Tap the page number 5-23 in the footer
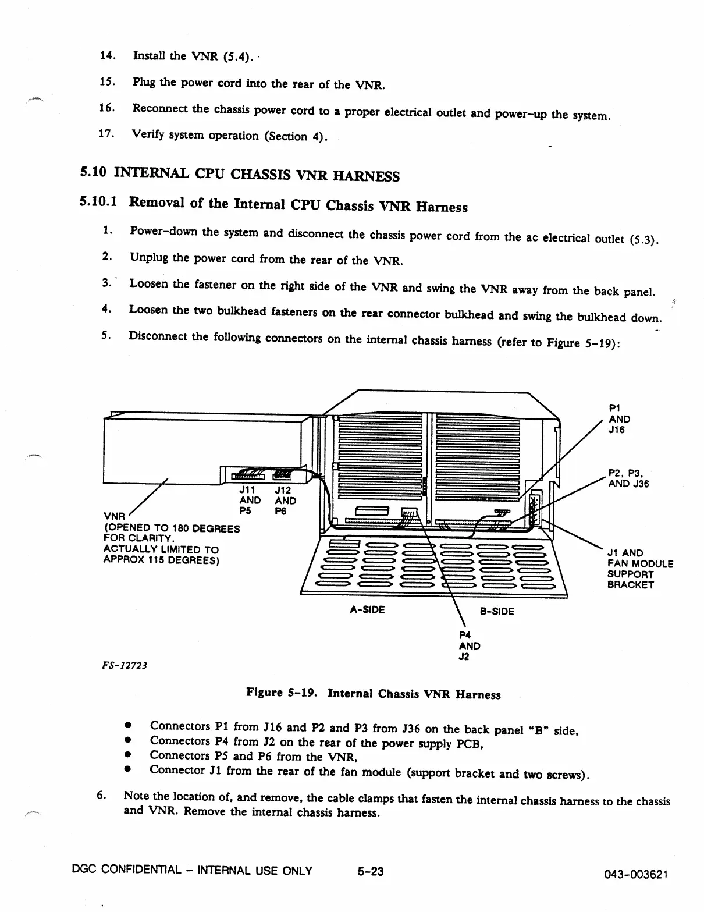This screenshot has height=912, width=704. pos(371,871)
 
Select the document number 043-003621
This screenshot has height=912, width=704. pos(637,875)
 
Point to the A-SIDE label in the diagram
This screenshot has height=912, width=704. pos(367,610)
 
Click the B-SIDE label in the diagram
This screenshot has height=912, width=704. pos(497,611)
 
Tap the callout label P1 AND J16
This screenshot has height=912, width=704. pos(619,419)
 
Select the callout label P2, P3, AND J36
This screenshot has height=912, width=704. pos(628,478)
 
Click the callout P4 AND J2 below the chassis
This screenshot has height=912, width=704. pos(469,645)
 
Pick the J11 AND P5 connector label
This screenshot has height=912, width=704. pos(250,501)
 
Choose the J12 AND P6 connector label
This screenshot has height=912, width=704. pos(285,501)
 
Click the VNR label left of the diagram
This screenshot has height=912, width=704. pos(114,516)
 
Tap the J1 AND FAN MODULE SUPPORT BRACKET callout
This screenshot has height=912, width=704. pos(639,569)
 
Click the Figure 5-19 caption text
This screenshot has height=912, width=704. pos(373,694)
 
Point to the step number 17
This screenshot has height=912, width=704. pos(106,133)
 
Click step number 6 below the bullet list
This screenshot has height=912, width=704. pos(100,795)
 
